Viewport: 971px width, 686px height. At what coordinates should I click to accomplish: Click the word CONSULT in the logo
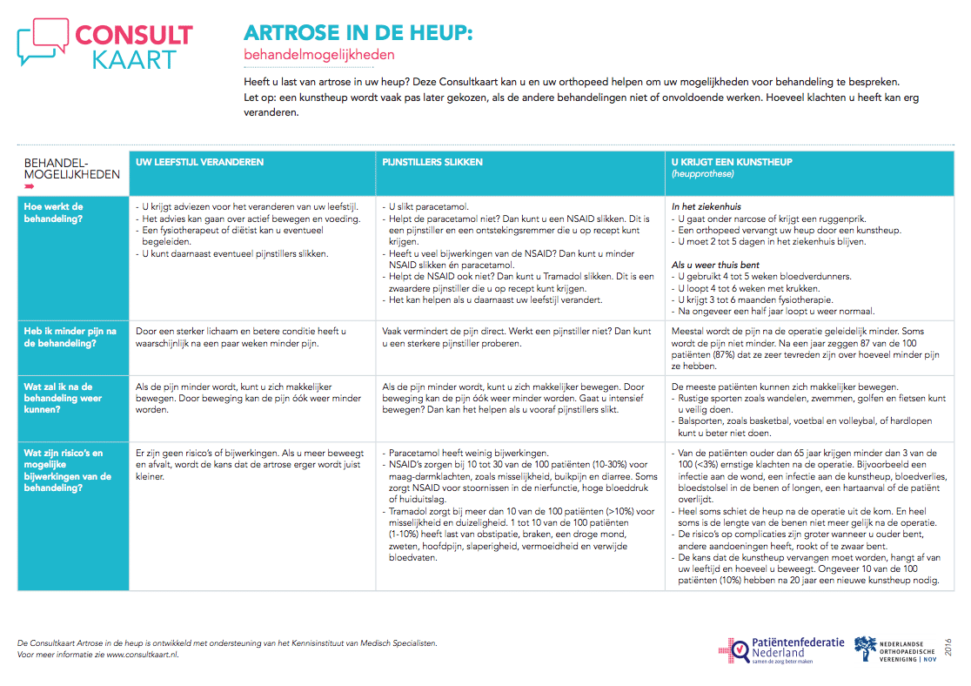point(134,35)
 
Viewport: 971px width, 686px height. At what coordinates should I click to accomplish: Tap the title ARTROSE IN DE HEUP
point(358,33)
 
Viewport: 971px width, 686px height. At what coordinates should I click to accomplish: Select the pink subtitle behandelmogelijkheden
point(318,55)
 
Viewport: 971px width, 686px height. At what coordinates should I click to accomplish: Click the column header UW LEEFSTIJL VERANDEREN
point(199,162)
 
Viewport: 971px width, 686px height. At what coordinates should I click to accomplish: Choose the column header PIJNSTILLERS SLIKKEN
point(432,162)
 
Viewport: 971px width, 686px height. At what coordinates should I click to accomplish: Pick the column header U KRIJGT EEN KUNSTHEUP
point(732,162)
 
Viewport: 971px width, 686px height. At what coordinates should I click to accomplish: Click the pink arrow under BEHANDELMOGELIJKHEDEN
point(30,186)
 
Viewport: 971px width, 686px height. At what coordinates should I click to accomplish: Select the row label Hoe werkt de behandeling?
point(54,213)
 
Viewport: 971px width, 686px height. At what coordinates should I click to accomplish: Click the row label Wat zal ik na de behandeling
point(63,398)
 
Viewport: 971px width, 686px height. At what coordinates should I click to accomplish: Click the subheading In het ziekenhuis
point(706,207)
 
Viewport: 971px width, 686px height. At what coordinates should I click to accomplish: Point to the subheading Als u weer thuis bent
point(715,265)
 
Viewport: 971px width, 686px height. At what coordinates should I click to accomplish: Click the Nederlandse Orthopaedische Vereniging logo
point(896,649)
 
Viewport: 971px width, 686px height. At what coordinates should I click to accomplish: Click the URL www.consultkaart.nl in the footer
point(142,655)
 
